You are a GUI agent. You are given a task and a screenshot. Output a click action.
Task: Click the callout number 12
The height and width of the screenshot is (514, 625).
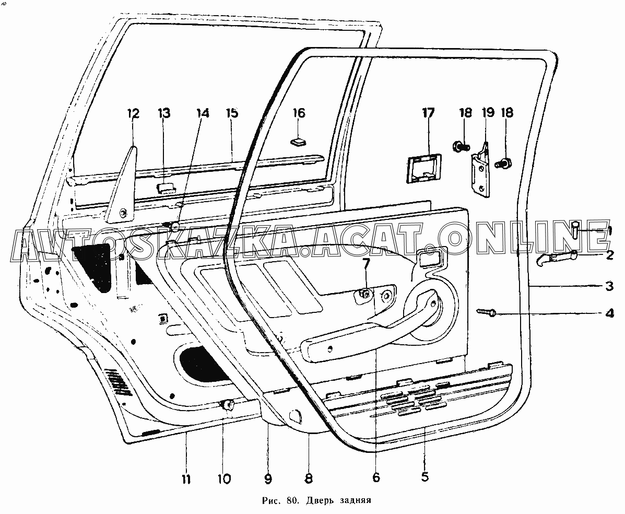133,114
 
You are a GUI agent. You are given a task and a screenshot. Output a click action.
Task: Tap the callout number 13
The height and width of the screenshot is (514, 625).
163,113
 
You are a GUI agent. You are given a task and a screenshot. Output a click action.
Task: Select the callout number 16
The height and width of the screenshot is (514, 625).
299,113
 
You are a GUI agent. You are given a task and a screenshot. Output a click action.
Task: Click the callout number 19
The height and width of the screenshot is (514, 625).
488,112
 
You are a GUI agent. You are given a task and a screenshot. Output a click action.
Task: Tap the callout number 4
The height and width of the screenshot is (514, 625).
609,313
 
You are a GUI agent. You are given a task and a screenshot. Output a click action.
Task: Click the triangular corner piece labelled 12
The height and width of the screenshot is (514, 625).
121,188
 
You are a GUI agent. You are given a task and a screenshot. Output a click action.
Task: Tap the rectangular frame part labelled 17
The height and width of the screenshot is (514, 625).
424,169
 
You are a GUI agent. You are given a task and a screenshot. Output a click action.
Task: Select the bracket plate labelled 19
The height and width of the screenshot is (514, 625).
481,172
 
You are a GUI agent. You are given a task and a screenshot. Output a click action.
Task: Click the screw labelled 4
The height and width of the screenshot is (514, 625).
486,312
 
